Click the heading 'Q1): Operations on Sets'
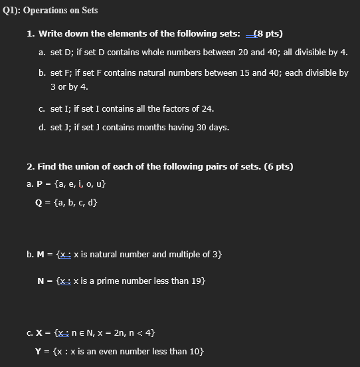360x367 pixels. pyautogui.click(x=50, y=11)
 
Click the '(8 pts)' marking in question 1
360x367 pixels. pyautogui.click(x=269, y=33)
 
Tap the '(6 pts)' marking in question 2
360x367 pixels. pyautogui.click(x=278, y=166)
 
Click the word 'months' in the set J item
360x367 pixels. pyautogui.click(x=151, y=127)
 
